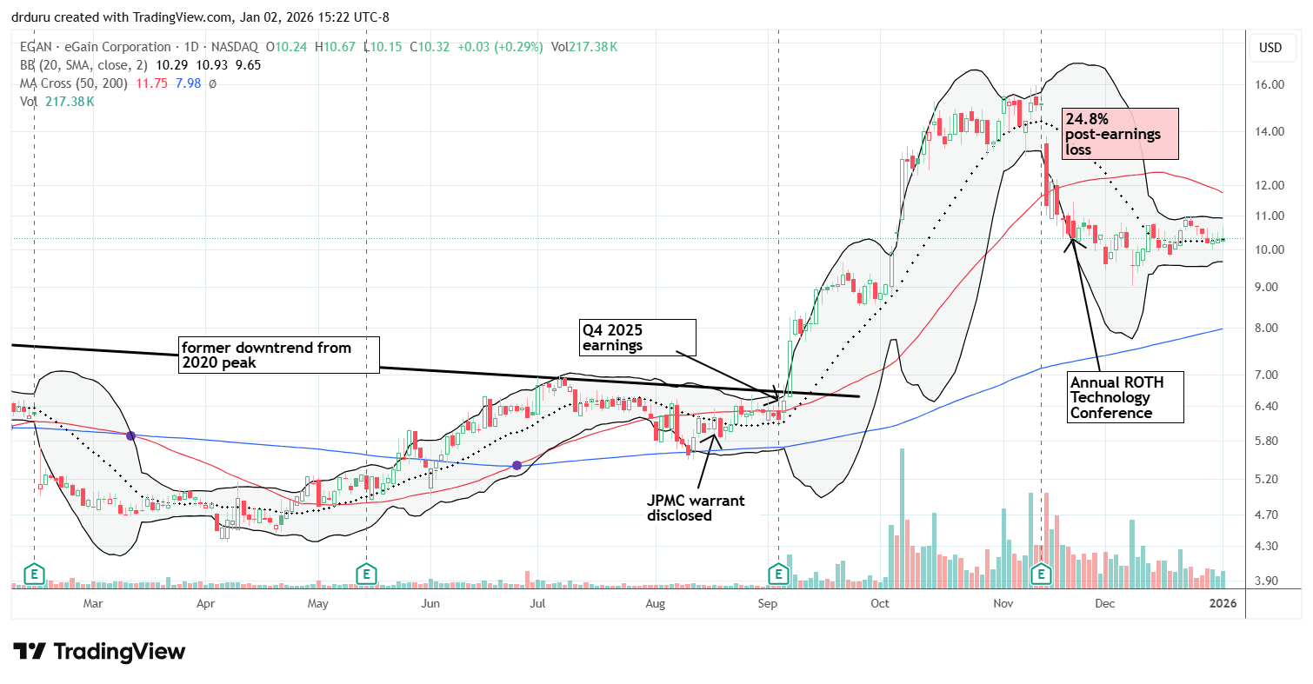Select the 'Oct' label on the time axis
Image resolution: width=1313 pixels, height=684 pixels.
click(880, 602)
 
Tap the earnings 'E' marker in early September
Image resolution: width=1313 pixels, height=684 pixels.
click(778, 574)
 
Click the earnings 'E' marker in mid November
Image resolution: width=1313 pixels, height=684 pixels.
click(1042, 574)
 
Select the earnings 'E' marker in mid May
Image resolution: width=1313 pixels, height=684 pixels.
click(366, 574)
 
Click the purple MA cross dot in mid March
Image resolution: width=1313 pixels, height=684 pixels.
click(130, 435)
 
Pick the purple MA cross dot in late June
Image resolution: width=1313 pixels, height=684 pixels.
click(517, 466)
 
